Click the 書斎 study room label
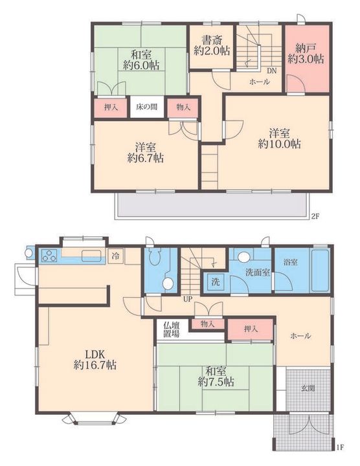pyautogui.click(x=212, y=40)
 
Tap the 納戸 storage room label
pyautogui.click(x=306, y=47)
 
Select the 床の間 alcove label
pyautogui.click(x=147, y=107)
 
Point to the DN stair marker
pyautogui.click(x=272, y=71)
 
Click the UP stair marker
pyautogui.click(x=188, y=299)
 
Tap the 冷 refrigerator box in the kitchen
pyautogui.click(x=115, y=255)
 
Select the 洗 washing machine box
pyautogui.click(x=215, y=282)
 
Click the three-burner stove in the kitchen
pyautogui.click(x=49, y=256)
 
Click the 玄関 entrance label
pyautogui.click(x=308, y=388)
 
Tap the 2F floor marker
pyautogui.click(x=315, y=216)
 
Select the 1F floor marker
pyautogui.click(x=341, y=447)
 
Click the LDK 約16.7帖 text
pyautogui.click(x=95, y=359)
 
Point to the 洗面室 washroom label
pyautogui.click(x=258, y=272)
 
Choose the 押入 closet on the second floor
pyautogui.click(x=111, y=107)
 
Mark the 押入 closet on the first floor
pyautogui.click(x=251, y=329)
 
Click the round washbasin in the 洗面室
pyautogui.click(x=244, y=257)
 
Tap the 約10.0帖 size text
pyautogui.click(x=279, y=144)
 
